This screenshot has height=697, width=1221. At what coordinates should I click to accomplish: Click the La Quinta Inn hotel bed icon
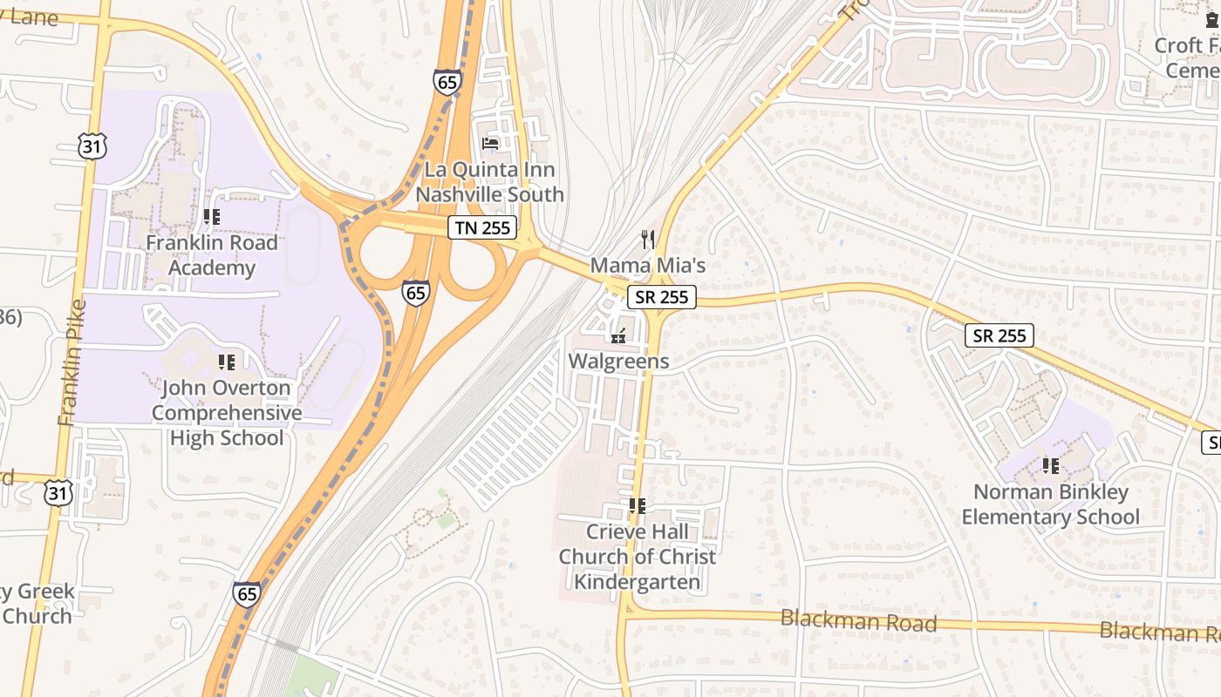(490, 143)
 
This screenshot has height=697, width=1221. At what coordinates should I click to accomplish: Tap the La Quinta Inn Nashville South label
(489, 182)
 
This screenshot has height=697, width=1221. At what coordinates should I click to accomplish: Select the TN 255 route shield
(483, 228)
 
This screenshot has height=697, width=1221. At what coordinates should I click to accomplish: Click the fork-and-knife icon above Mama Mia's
(648, 238)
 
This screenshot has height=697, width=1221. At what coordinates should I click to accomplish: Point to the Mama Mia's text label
(648, 264)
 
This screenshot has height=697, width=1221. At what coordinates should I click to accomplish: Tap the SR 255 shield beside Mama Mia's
(662, 297)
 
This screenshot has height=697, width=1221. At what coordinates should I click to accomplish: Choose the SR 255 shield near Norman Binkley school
(999, 335)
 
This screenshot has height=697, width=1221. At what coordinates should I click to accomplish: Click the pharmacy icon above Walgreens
(619, 335)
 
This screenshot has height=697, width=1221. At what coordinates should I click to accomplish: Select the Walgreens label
(619, 361)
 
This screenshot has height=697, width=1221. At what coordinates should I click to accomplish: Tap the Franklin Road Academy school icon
(211, 216)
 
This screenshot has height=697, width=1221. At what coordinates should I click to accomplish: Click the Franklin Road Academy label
(211, 255)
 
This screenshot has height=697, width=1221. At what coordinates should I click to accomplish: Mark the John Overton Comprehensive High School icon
(227, 362)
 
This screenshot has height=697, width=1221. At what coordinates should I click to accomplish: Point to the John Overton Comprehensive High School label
(227, 413)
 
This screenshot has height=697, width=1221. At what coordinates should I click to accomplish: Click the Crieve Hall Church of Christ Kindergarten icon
(638, 505)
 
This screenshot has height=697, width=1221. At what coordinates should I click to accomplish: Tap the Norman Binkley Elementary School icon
(1050, 466)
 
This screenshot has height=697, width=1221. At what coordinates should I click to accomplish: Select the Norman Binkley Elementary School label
(1050, 504)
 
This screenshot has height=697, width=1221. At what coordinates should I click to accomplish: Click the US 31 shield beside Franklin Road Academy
(92, 145)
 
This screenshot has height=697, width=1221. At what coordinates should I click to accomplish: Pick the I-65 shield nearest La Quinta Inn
(446, 83)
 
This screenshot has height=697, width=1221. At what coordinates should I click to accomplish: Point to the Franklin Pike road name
(73, 362)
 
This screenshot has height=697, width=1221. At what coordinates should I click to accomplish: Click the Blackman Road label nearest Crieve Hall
(858, 622)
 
